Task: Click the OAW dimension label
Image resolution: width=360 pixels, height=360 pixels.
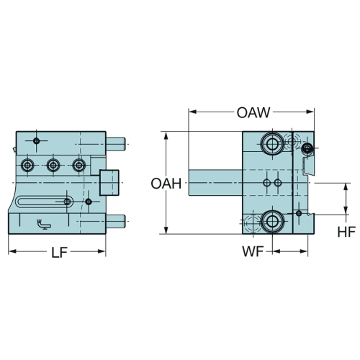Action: [x=253, y=112]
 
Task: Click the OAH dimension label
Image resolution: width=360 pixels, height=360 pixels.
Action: [x=166, y=184]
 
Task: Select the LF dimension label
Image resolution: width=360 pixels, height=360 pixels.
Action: [x=59, y=252]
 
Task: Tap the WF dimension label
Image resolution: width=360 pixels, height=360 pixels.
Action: [x=253, y=251]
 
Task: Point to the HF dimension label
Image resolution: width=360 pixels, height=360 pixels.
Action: [x=346, y=232]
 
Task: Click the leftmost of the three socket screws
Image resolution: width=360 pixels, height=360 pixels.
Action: [x=27, y=165]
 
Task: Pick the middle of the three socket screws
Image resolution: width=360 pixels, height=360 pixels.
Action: [x=53, y=165]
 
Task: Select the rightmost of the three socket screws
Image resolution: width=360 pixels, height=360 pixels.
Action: [x=78, y=165]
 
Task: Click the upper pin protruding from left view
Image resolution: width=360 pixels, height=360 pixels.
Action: [x=115, y=144]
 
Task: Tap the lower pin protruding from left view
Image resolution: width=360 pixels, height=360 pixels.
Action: [x=115, y=221]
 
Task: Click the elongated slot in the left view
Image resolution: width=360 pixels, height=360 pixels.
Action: [x=44, y=202]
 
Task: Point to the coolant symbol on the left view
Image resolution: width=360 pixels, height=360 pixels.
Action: [x=43, y=224]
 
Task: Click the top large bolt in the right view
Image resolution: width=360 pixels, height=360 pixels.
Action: [x=273, y=144]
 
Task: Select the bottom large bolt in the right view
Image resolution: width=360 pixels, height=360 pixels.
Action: [x=273, y=221]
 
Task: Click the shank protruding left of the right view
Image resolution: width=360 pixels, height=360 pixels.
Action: [x=215, y=183]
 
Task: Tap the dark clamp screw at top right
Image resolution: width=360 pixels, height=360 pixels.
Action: [x=307, y=148]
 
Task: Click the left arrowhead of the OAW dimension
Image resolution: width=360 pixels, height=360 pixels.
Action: [x=192, y=112]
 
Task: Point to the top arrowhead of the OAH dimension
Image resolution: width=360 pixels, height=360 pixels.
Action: [x=166, y=135]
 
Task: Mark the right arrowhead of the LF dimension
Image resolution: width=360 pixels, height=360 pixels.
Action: [x=102, y=251]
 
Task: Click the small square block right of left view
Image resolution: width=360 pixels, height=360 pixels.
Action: [x=109, y=182]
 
